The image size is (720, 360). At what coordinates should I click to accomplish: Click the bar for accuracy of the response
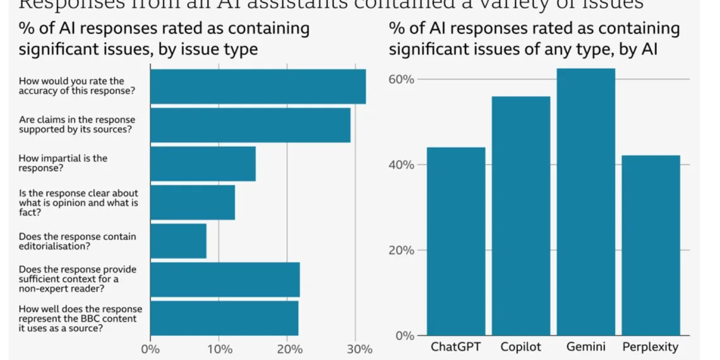tap(258, 87)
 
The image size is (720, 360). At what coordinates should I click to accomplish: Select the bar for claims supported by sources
tap(250, 125)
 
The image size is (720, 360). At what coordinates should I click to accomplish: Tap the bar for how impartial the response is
tap(203, 164)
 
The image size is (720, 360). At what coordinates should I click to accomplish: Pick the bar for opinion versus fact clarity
tap(193, 202)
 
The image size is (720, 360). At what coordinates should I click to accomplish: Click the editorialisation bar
tap(178, 241)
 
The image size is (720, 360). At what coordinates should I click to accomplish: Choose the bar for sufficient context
tap(225, 279)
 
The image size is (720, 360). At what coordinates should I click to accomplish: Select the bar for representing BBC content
tap(224, 318)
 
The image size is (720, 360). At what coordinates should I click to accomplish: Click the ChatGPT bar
tap(456, 241)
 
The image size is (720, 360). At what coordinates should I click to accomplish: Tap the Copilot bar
tap(521, 216)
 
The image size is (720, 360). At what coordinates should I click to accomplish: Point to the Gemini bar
tap(585, 202)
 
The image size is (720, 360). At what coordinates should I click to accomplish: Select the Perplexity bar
tap(651, 245)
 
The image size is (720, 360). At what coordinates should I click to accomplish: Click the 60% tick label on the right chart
tap(401, 80)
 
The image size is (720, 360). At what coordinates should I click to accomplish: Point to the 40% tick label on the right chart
tap(401, 165)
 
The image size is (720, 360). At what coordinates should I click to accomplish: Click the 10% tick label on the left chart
tap(219, 349)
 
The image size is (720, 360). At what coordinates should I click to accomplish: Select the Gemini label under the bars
tap(585, 347)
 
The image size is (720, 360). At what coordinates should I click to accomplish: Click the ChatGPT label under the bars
tap(456, 347)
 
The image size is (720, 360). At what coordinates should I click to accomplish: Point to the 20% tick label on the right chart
tap(401, 250)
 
